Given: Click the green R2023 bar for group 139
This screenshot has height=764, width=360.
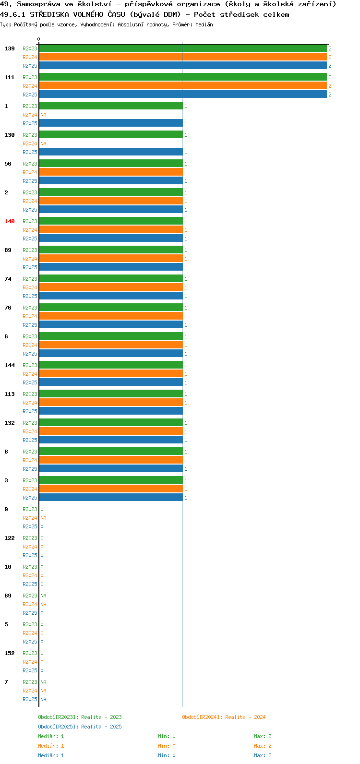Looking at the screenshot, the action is pos(183,48).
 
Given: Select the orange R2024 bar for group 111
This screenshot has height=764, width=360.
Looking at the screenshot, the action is pos(183,86).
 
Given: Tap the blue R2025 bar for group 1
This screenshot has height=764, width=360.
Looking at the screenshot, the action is pos(111,123).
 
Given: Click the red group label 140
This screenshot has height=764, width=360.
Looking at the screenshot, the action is pos(10,221).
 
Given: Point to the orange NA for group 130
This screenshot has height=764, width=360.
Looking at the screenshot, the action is pos(43,143).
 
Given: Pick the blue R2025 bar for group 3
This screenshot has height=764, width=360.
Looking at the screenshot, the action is pos(111,498).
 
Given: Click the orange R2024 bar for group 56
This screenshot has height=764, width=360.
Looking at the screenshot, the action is pos(111,172).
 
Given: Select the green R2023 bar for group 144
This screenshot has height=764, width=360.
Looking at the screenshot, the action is pos(111,365).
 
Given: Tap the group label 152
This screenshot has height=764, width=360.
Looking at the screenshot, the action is pos(10,653).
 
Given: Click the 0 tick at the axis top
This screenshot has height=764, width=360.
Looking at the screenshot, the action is pos(38,39).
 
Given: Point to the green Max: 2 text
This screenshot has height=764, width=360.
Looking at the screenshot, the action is pos(263,736).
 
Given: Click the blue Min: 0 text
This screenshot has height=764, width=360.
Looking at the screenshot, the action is pos(167,755).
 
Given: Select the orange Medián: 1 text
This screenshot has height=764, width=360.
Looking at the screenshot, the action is pos(51,746).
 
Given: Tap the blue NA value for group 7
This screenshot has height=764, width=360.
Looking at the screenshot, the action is pos(43,699).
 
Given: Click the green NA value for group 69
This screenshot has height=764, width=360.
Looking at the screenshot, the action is pos(43,596).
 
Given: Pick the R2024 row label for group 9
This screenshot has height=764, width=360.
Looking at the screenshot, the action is pos(30,518).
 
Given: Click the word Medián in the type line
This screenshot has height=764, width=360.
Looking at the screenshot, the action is pos(204,24).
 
